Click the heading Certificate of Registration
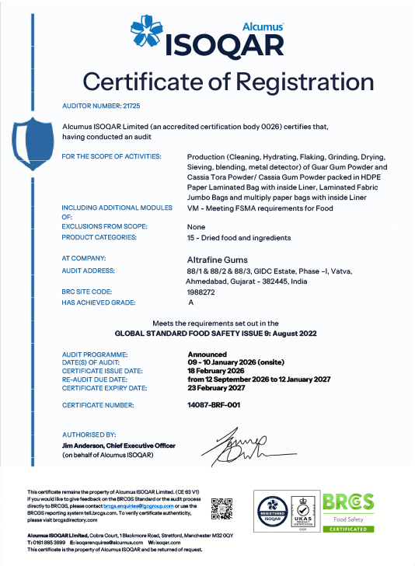[x=207, y=81]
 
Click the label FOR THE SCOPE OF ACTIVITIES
[x=111, y=157]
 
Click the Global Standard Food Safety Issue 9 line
[x=207, y=331]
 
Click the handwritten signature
[x=237, y=445]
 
